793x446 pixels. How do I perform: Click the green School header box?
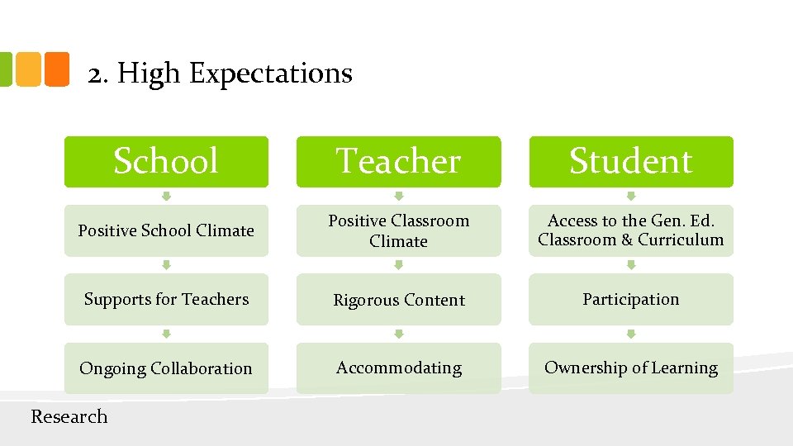(x=166, y=161)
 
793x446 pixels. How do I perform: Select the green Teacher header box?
(x=398, y=161)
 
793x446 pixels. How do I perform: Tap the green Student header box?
(x=630, y=161)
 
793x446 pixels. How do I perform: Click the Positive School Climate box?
(x=166, y=230)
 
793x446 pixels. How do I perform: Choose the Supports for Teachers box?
(x=166, y=299)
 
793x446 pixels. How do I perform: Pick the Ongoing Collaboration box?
(x=166, y=368)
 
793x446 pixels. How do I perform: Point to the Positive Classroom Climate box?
(x=398, y=230)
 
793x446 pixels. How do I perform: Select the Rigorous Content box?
(x=398, y=299)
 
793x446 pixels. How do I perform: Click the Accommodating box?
(x=398, y=368)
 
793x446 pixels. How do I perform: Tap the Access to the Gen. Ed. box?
(x=630, y=230)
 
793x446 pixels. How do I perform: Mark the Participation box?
(x=630, y=299)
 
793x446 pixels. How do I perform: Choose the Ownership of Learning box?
(x=630, y=368)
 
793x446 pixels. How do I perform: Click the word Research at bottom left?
(x=69, y=417)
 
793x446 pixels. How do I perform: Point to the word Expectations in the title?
(x=271, y=74)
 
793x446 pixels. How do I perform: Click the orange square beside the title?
(x=55, y=69)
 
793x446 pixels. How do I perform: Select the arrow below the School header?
(x=166, y=197)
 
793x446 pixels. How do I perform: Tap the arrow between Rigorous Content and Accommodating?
(x=398, y=334)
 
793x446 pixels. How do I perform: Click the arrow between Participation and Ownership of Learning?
(x=630, y=334)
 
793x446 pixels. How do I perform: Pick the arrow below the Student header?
(x=630, y=197)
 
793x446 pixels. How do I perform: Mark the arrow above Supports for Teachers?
(x=166, y=265)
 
